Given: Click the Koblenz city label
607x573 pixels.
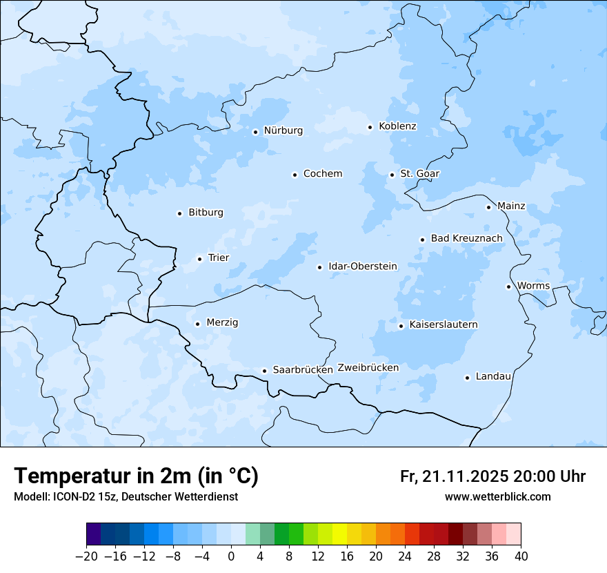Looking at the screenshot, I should click(397, 126).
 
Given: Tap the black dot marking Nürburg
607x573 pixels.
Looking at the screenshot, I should click(255, 132).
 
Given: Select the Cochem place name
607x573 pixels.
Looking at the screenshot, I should click(322, 174).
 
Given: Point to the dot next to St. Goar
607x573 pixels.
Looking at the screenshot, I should click(392, 175).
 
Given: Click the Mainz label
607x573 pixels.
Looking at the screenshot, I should click(511, 206).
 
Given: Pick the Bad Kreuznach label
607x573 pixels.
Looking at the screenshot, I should click(466, 239).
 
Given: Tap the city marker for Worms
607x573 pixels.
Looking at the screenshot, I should click(508, 286).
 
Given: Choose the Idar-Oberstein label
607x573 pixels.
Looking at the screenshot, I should click(363, 266).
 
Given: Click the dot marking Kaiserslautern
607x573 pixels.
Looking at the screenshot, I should click(401, 326).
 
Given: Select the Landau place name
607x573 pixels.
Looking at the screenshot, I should click(493, 377).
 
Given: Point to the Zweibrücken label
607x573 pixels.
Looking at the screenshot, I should click(368, 368).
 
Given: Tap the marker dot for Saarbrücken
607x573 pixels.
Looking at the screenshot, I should click(264, 371).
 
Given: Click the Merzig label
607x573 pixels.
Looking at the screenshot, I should click(222, 323).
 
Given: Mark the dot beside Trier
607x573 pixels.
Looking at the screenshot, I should click(199, 259).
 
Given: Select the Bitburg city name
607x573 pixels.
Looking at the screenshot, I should click(206, 213).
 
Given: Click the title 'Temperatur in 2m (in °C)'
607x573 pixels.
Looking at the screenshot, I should click(136, 476).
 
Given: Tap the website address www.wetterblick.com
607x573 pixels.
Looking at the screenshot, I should click(497, 496).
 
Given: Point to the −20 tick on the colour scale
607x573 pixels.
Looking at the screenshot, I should click(86, 556).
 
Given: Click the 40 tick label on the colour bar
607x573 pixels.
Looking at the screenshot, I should click(521, 556).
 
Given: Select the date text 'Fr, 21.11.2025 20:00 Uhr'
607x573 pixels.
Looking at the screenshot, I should click(492, 476).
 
